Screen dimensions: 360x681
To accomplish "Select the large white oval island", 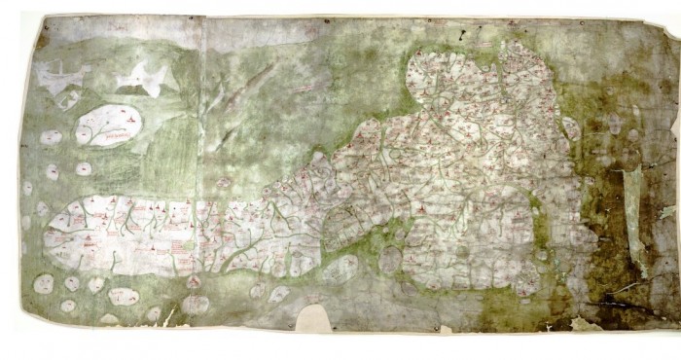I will tap(108, 126).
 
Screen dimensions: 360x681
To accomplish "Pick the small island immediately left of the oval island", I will tap(51, 138).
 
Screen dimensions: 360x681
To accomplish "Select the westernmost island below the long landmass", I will tap(43, 284).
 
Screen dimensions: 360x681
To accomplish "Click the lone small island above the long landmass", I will tap(223, 182).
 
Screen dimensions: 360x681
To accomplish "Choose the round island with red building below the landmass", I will tap(195, 304).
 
